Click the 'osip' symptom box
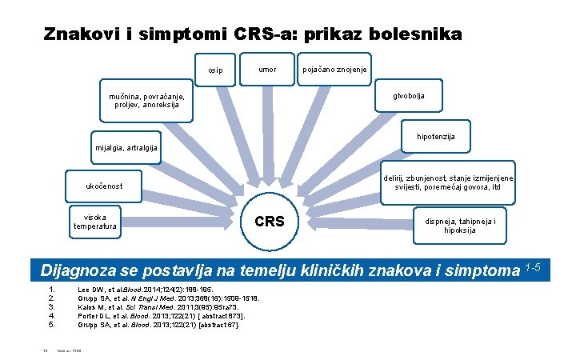[216, 70]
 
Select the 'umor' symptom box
[268, 70]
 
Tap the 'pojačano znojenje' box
[335, 70]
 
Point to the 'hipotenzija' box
[436, 137]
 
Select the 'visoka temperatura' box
[95, 221]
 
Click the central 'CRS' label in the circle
[269, 221]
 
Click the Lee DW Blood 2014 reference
[143, 289]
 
